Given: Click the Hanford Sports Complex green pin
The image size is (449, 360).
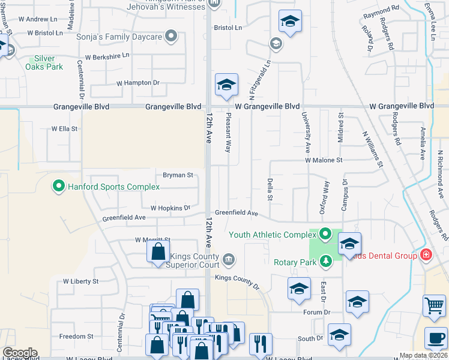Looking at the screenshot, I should pos(59,187).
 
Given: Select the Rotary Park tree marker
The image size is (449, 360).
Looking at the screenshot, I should pos(325,261).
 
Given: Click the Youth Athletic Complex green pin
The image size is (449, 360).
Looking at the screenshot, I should pos(325,234).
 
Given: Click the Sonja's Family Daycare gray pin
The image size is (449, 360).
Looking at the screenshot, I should pos(171,37).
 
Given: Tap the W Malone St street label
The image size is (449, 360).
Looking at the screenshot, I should pos(324,160).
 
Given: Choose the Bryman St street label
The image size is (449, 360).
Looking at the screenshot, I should pos(178,175).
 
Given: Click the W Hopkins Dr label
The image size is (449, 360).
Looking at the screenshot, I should pos(170,208).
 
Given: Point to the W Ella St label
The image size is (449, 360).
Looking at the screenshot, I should pos(64,128).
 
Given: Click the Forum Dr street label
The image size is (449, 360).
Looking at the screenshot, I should pos(317,312).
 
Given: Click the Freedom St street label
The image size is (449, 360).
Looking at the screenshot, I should pos(76,337).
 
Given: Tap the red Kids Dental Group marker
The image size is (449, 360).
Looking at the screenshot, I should pos(426,255).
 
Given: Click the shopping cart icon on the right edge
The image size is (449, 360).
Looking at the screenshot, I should pos(433,305).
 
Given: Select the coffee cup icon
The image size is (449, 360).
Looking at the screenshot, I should pos(436,338).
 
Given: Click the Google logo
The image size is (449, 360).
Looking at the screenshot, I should pos(20,352).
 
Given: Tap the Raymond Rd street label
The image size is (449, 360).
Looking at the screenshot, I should pos(381,10).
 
